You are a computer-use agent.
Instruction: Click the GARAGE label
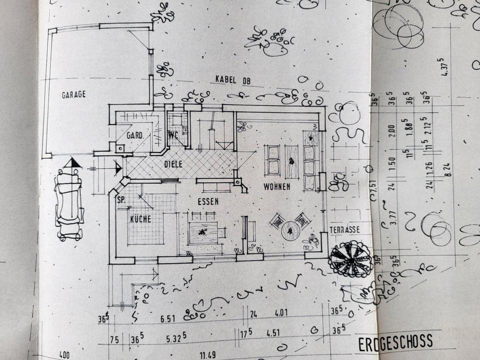[73, 94]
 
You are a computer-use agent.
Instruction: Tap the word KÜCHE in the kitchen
[140, 219]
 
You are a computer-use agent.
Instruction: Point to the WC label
[173, 135]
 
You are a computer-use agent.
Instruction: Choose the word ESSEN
[208, 201]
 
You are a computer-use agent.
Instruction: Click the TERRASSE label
[344, 230]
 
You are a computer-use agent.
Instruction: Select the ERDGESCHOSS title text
[395, 343]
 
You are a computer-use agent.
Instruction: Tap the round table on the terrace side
[290, 230]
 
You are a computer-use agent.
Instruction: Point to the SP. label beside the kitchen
[120, 199]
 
